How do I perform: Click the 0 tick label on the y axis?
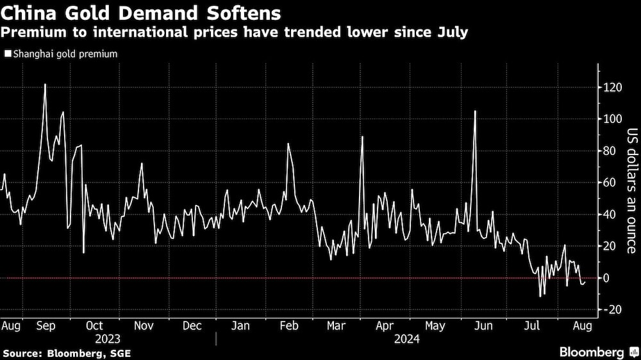pyautogui.click(x=606, y=278)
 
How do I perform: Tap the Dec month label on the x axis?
pyautogui.click(x=192, y=325)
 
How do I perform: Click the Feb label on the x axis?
pyautogui.click(x=289, y=325)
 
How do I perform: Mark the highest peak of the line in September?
pyautogui.click(x=45, y=84)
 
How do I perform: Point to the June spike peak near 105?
pyautogui.click(x=475, y=111)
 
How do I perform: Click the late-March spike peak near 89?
pyautogui.click(x=362, y=136)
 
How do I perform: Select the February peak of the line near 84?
pyautogui.click(x=288, y=143)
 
